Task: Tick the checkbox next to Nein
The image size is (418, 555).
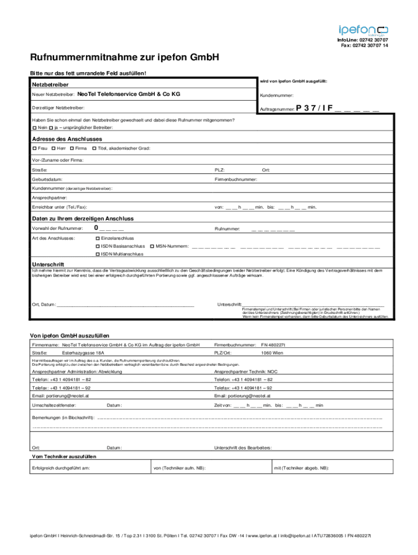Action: coord(34,127)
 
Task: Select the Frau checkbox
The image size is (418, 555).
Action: coord(34,149)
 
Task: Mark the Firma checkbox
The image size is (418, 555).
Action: coord(72,149)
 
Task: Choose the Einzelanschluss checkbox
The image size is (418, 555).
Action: coord(98,238)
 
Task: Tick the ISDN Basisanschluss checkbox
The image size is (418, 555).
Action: coord(98,246)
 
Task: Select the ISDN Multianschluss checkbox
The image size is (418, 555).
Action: coord(98,254)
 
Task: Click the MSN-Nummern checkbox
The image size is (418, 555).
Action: coord(152,246)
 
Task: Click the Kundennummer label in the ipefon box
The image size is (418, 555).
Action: coord(277,95)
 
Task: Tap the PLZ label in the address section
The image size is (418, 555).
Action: coord(220,170)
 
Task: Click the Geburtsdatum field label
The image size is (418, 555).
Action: coord(47,179)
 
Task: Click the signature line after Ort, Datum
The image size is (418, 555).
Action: coord(125,305)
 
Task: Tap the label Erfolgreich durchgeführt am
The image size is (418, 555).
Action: coord(61,468)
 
